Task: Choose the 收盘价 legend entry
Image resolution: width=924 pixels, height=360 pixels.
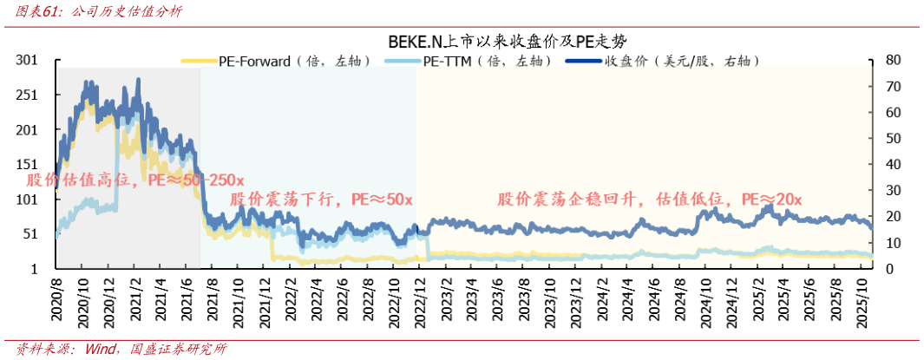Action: click(663, 61)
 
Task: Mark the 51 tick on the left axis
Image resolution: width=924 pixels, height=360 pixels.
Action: click(31, 234)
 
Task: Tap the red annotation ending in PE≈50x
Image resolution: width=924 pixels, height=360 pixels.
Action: click(320, 200)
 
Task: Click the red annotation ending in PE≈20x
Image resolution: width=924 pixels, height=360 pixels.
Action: click(650, 200)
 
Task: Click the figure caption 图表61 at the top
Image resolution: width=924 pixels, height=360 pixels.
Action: click(95, 12)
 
